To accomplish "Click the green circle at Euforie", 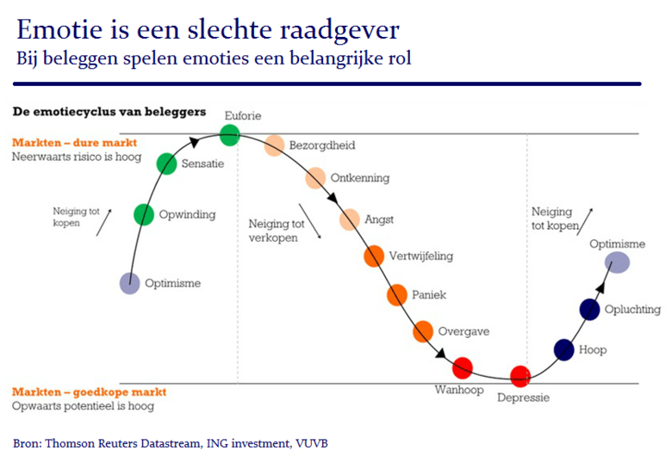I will (x=229, y=134).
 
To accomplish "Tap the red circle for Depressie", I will (x=520, y=375).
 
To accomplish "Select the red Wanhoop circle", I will (x=463, y=367).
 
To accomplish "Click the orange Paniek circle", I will (x=396, y=295).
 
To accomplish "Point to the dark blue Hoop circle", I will (x=563, y=349).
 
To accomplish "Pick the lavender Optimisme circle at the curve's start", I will (x=129, y=282).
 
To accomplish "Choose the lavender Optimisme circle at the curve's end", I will (x=617, y=262).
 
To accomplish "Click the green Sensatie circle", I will (x=167, y=163).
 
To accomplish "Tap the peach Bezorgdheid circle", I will (x=274, y=145).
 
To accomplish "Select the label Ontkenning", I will (x=359, y=178).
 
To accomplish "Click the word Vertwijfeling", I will (x=420, y=256).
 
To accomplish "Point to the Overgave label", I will (x=464, y=330).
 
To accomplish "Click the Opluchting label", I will (x=632, y=310).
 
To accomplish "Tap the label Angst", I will (x=379, y=219).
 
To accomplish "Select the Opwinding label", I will (x=187, y=214).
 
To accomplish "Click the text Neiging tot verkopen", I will (x=273, y=231).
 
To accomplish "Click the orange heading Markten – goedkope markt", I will (x=89, y=392).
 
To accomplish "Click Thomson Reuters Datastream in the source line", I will (x=123, y=443).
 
